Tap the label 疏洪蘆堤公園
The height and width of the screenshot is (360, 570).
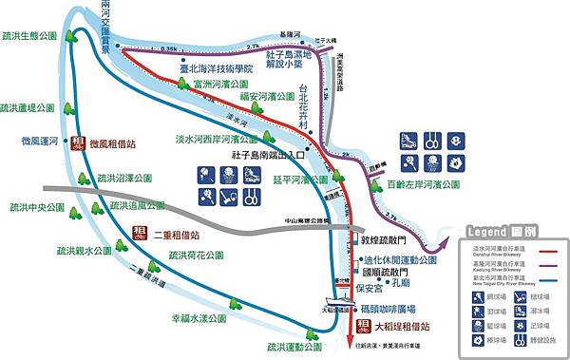pyautogui.click(x=31, y=107)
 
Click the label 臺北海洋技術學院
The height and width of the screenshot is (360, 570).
pyautogui.click(x=217, y=69)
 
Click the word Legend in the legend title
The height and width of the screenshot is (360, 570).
pyautogui.click(x=488, y=231)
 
